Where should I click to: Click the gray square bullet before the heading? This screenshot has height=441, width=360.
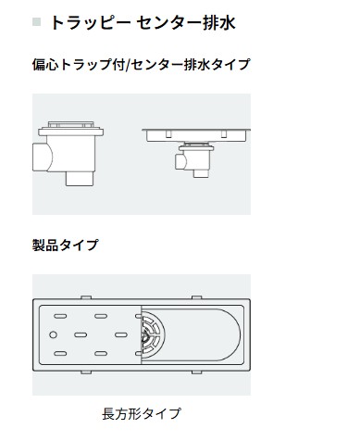click(37, 20)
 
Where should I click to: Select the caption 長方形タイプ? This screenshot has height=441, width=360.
click(141, 413)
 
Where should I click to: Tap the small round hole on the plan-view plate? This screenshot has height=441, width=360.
click(54, 334)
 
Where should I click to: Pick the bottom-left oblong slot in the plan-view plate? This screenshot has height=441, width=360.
click(64, 354)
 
